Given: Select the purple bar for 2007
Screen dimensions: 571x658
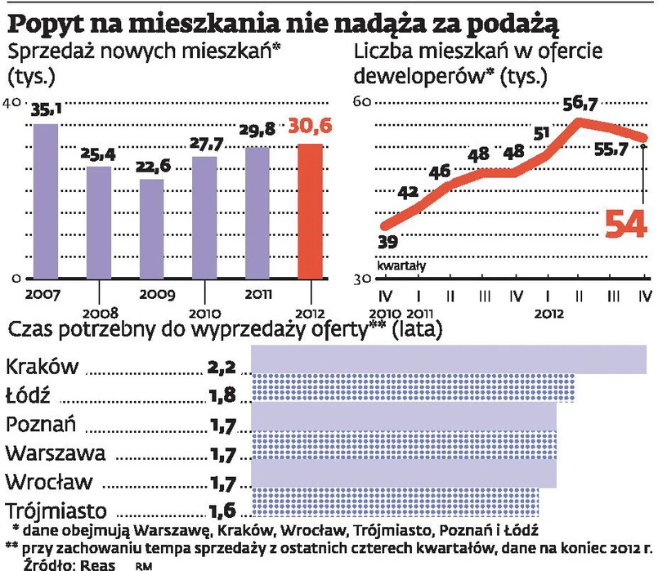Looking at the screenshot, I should [x=45, y=201].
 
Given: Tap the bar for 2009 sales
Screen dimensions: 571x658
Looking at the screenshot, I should [x=152, y=229].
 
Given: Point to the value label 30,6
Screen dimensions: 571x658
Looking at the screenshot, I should [x=308, y=127].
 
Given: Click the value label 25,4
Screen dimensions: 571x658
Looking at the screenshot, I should [x=97, y=153].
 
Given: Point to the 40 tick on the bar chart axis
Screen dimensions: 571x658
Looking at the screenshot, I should [x=11, y=102].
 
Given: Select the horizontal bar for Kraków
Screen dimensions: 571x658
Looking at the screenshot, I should [x=447, y=362].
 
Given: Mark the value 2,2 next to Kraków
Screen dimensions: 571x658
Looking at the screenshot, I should [x=222, y=367].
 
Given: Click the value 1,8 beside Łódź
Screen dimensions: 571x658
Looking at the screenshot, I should [x=222, y=396].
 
